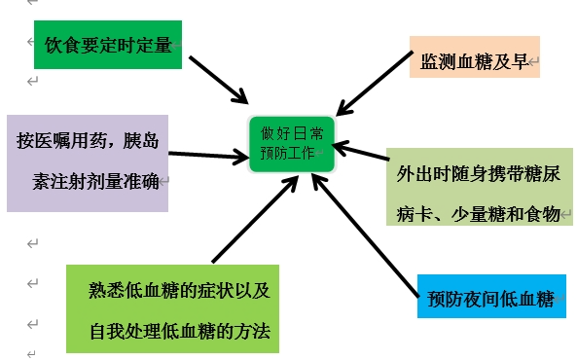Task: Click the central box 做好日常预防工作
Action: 292,143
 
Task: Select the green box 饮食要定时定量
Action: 108,44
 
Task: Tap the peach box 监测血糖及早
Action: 474,62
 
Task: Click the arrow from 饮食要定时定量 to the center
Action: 218,78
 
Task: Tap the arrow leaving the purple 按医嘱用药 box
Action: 206,155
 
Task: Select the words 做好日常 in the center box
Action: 292,131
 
